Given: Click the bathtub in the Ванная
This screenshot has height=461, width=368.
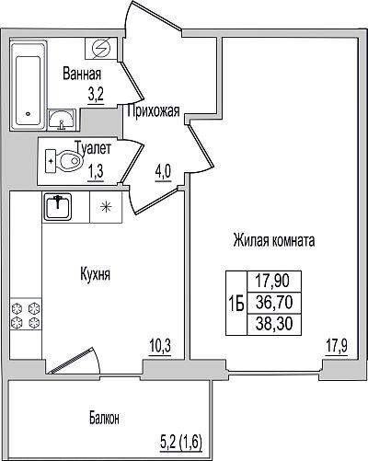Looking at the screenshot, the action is (28, 86).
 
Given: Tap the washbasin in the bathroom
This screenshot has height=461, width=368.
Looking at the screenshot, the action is (62, 120).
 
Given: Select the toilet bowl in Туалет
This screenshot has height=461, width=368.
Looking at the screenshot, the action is (64, 161).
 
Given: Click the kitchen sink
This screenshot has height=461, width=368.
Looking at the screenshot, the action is (58, 207).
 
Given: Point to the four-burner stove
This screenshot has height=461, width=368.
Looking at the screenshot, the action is (26, 315).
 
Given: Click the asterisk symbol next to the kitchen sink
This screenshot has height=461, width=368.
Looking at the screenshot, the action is (106, 207).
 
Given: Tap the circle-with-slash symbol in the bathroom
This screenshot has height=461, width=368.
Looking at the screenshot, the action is (101, 49).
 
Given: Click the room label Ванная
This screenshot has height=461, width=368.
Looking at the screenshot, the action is (82, 75).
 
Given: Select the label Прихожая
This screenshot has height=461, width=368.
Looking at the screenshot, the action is (154, 110).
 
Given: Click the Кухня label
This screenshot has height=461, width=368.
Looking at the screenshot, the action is (95, 274).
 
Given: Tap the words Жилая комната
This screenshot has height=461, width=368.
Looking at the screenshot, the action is (274, 240).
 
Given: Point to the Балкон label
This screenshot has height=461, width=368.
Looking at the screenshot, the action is (104, 419).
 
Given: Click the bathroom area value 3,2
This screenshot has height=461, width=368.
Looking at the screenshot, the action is (96, 96).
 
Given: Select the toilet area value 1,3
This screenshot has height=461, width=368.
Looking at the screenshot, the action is (96, 173).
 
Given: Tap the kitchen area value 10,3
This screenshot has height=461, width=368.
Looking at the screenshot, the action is (160, 346).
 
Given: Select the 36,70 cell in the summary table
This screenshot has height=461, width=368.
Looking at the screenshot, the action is (274, 303).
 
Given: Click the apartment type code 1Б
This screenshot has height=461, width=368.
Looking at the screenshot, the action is (236, 304).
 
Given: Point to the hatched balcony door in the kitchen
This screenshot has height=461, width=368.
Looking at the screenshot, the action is (71, 360).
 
